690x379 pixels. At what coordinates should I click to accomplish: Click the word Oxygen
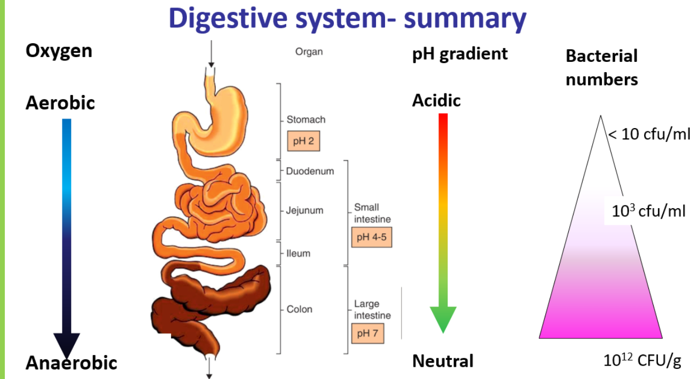pos(59,51)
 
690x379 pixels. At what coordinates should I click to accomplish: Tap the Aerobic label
pos(60,102)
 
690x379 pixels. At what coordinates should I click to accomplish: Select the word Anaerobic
pos(71,363)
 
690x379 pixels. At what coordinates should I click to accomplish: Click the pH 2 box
pos(303,141)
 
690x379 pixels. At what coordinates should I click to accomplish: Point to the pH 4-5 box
pos(371,237)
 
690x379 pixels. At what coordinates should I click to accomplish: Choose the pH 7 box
pos(368,333)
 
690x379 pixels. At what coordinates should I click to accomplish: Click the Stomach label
pos(305,120)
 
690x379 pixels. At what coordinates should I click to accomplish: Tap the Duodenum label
pos(310,171)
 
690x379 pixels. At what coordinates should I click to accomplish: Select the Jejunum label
pos(304,210)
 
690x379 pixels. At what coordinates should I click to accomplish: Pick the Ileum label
pos(297,253)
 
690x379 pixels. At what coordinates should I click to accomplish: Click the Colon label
pos(299,309)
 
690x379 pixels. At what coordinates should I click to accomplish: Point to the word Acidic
pos(436,100)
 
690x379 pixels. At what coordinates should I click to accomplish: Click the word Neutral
pos(443,361)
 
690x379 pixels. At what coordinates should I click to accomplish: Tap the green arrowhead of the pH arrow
pos(443,319)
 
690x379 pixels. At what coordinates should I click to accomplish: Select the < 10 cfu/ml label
pos(648,134)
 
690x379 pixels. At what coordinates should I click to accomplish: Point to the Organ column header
pos(309,52)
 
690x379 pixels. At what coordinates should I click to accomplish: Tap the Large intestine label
pos(372,310)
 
